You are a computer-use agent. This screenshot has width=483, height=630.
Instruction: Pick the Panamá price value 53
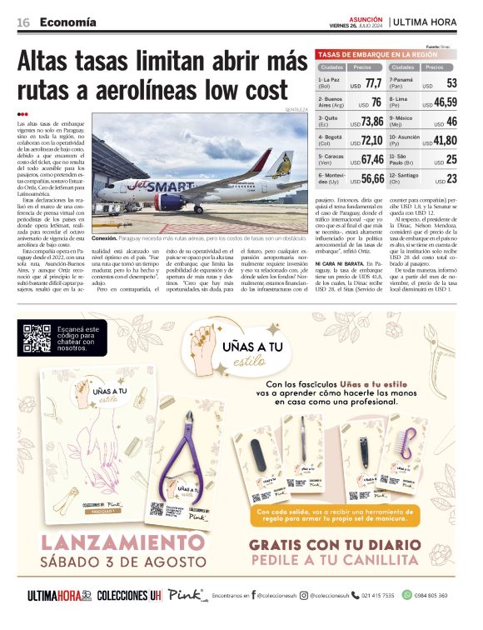[x=451, y=83]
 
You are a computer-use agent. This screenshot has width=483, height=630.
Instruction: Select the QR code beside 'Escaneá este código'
[x=37, y=337]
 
